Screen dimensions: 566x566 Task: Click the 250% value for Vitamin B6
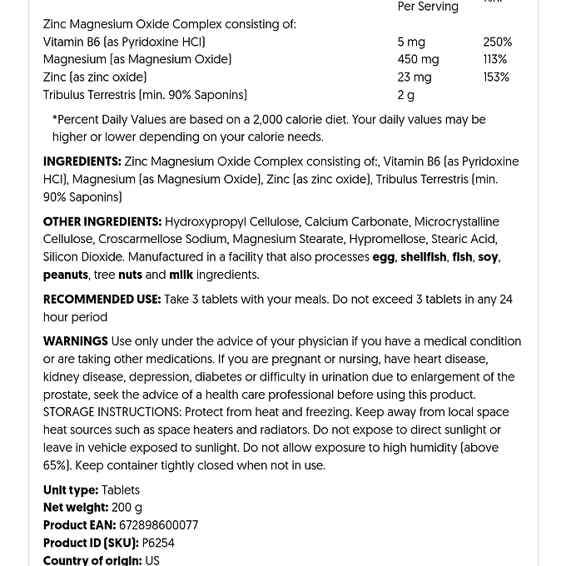click(x=497, y=42)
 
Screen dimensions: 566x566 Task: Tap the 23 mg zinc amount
click(x=415, y=77)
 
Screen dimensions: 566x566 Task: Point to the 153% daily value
click(x=495, y=77)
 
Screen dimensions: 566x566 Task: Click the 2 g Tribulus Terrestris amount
click(x=406, y=95)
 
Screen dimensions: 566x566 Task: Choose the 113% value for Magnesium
click(x=494, y=59)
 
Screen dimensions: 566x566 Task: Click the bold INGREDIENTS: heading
click(x=82, y=161)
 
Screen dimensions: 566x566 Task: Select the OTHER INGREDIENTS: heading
click(x=102, y=221)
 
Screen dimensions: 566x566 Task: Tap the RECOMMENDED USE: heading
click(x=102, y=299)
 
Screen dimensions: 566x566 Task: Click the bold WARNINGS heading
click(x=76, y=341)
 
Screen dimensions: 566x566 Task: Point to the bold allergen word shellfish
click(x=423, y=257)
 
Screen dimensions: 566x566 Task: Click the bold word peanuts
click(x=66, y=275)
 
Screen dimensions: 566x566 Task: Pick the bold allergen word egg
click(x=384, y=257)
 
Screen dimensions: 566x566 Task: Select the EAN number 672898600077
click(x=159, y=525)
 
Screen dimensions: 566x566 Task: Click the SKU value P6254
click(x=158, y=543)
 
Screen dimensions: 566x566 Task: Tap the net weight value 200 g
click(x=127, y=508)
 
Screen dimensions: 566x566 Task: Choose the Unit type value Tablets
click(x=121, y=490)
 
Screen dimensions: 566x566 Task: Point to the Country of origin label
click(x=92, y=560)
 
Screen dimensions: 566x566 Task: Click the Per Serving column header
click(x=428, y=7)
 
